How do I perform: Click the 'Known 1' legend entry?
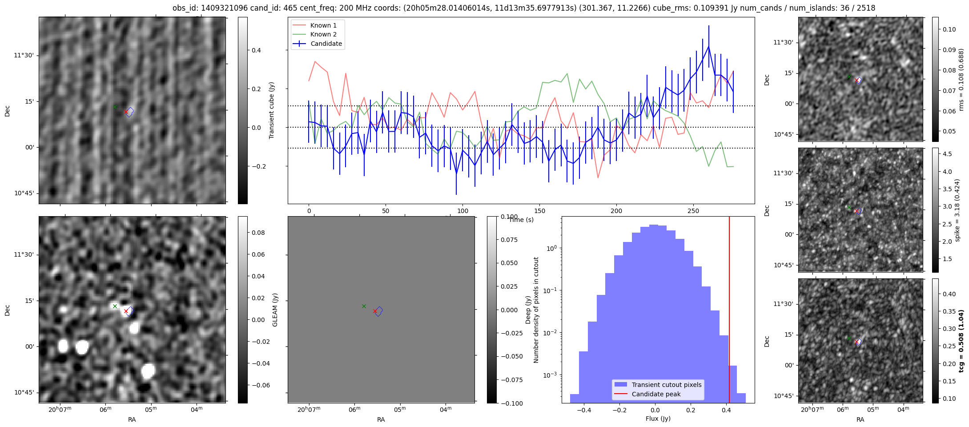323,25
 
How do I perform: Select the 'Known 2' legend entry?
323,34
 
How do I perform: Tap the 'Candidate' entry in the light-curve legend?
326,44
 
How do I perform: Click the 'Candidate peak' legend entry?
656,394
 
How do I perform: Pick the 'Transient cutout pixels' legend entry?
666,385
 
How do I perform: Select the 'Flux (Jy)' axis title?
658,419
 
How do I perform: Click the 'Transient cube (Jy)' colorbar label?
272,110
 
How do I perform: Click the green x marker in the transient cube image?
115,107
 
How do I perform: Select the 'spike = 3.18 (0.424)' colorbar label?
957,210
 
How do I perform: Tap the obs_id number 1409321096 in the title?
220,8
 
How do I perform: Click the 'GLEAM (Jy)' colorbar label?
275,310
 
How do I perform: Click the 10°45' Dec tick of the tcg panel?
784,396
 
